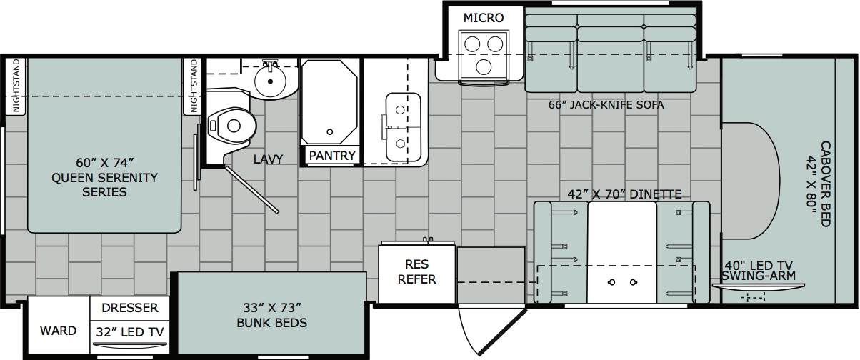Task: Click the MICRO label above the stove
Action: (484, 18)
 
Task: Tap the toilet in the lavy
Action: (231, 126)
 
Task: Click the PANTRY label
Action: (332, 156)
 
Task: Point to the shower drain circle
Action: (329, 132)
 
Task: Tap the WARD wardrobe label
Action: (59, 331)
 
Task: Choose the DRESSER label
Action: (130, 308)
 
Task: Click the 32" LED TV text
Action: (130, 332)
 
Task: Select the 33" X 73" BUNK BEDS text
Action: (272, 315)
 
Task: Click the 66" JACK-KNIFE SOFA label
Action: (606, 104)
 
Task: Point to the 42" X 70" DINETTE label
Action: (625, 194)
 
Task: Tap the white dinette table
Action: (622, 252)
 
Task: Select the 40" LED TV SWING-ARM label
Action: (759, 271)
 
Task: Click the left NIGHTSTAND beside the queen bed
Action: (16, 86)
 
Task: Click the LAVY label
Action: (268, 159)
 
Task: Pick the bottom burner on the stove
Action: (484, 68)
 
